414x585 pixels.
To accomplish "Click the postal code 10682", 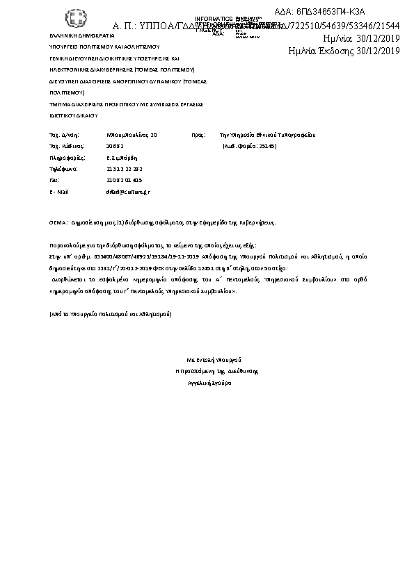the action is [114, 147].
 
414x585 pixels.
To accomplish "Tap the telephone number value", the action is [125, 169].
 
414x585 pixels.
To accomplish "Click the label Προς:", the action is [197, 134].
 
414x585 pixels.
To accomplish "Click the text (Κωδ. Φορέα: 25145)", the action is [248, 147].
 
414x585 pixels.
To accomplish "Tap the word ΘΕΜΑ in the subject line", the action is [58, 224].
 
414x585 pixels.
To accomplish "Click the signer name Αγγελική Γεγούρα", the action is [210, 383].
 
